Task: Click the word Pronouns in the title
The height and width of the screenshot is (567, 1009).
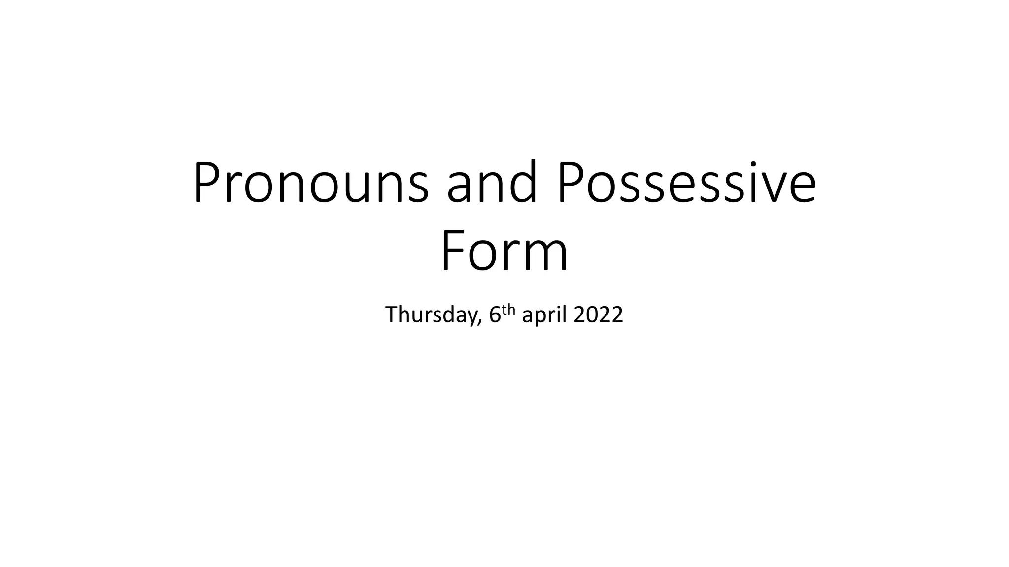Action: pos(311,183)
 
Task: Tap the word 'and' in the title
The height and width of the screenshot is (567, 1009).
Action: pos(491,183)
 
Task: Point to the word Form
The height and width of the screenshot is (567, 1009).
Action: pos(504,252)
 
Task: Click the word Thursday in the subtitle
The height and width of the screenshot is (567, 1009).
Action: pos(431,315)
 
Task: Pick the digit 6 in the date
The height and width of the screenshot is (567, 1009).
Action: pos(495,315)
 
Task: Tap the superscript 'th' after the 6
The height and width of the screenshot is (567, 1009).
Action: pos(509,310)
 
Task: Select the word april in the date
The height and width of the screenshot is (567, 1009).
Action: pos(545,315)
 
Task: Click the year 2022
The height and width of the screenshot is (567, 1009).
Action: pos(599,315)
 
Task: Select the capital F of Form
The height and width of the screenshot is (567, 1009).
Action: pos(452,252)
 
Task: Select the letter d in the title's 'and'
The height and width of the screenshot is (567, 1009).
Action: pos(521,183)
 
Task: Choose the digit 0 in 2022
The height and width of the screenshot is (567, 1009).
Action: pos(591,315)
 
